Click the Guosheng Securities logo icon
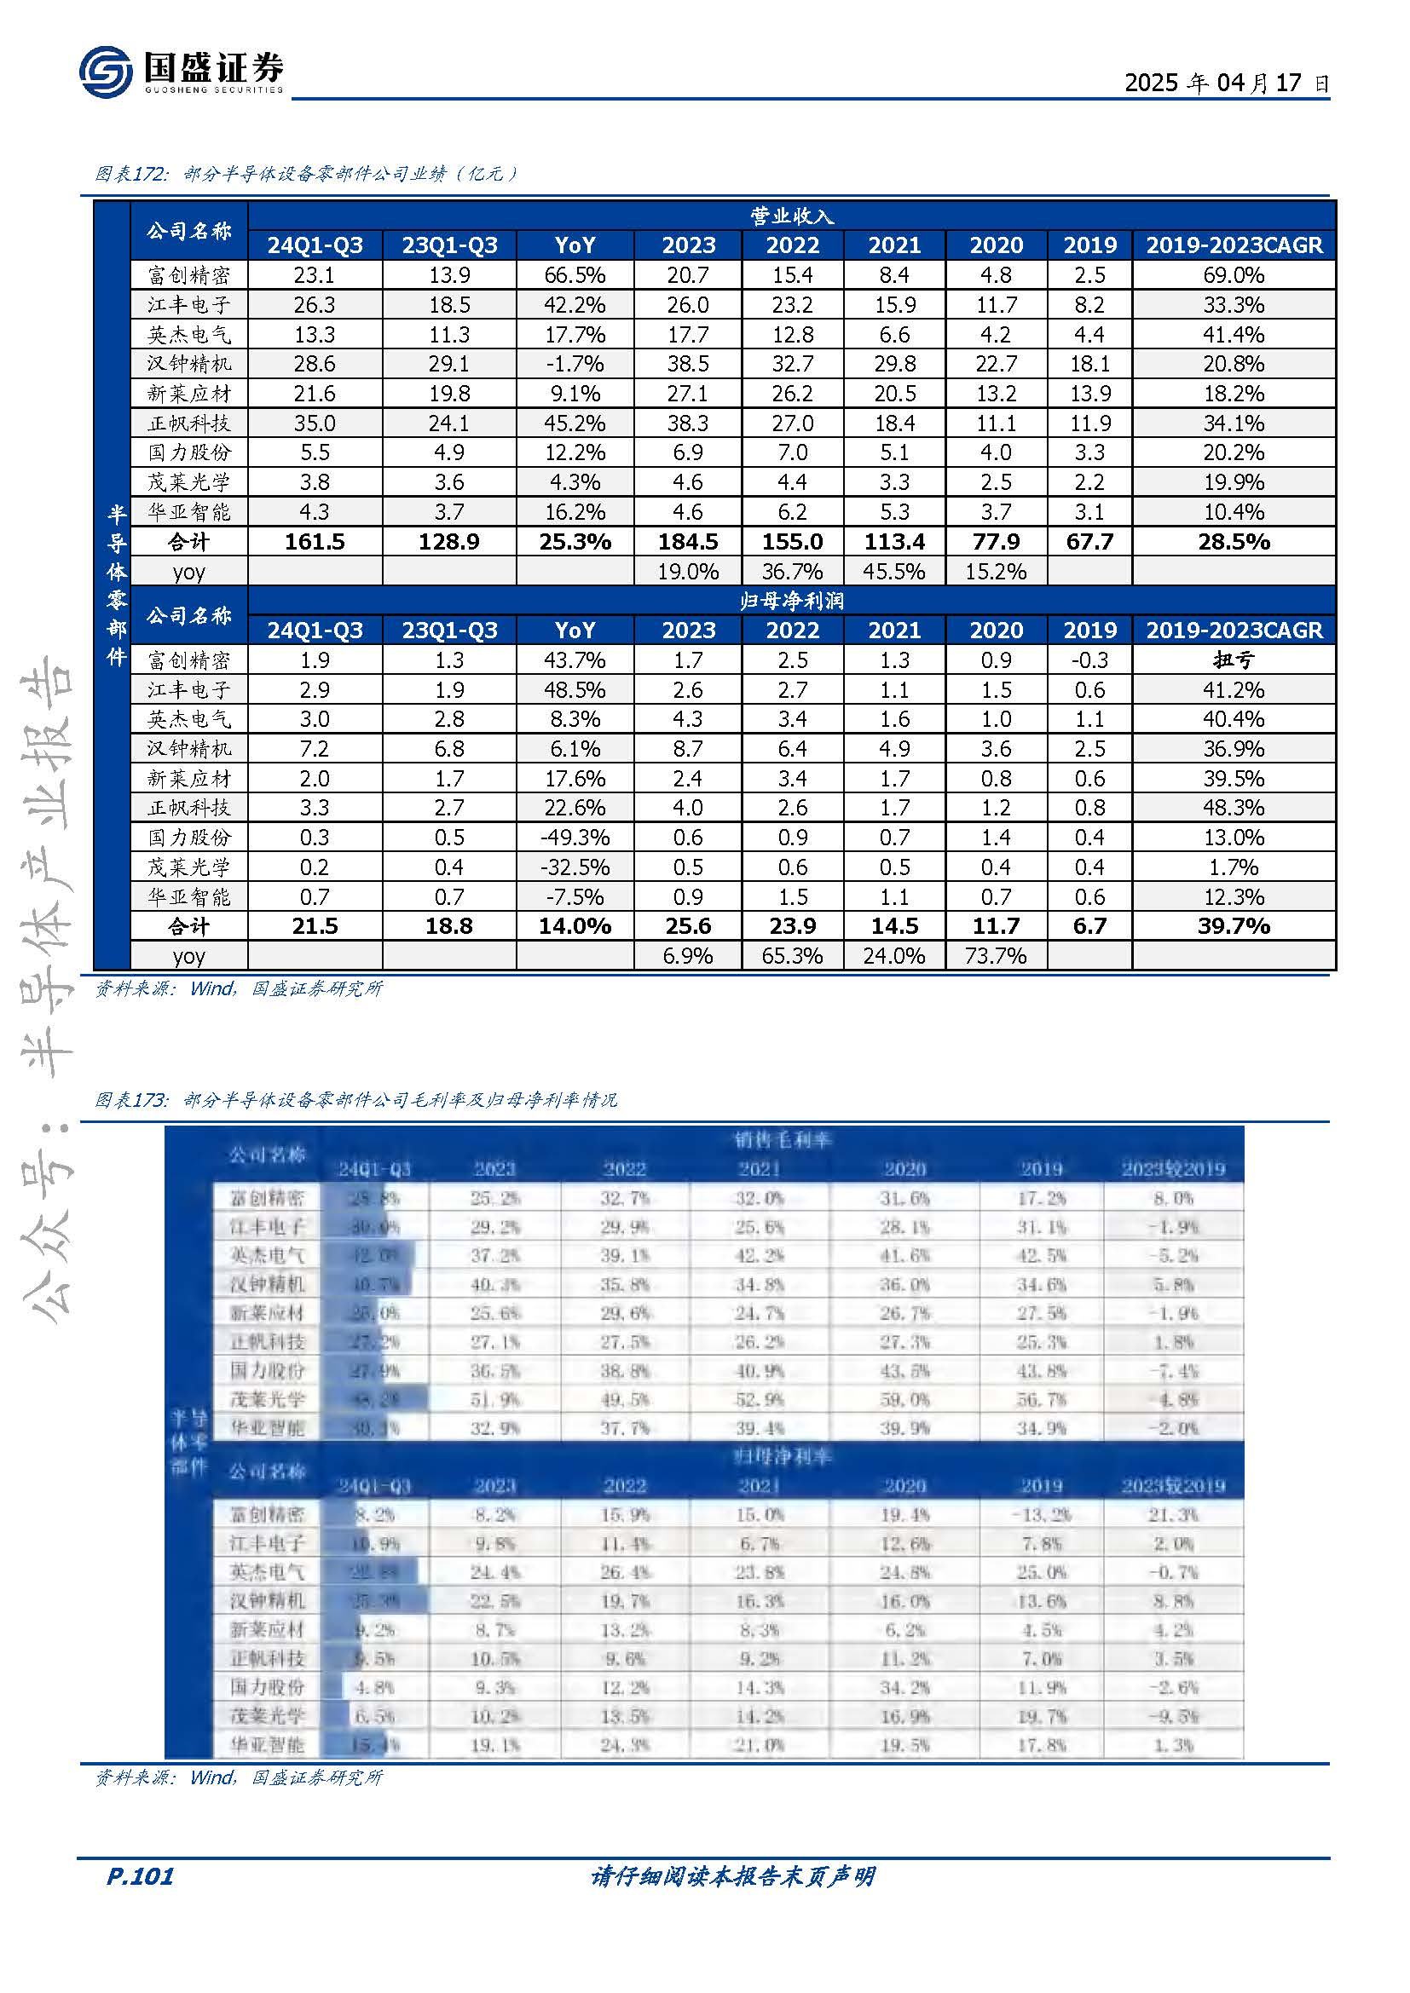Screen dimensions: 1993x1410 coord(105,72)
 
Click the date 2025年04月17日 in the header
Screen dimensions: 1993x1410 coord(1226,83)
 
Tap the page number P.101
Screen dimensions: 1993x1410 coord(140,1876)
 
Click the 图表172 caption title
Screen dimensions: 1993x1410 coord(307,174)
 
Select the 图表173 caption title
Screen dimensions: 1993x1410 coord(356,1100)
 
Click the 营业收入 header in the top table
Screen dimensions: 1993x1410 coord(791,216)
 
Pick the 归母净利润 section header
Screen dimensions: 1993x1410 coord(791,601)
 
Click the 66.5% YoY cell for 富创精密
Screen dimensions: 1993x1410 coord(575,275)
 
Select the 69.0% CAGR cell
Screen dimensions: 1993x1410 coord(1233,275)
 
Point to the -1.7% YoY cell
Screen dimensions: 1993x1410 coord(575,364)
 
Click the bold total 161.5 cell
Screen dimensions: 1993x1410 coord(315,542)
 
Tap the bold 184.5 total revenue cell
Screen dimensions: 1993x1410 coord(688,542)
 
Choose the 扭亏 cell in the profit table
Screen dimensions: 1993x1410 coord(1233,660)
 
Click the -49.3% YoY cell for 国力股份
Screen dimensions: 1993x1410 coord(575,837)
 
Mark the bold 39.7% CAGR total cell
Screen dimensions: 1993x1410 coord(1233,926)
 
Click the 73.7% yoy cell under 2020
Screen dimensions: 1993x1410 coord(996,956)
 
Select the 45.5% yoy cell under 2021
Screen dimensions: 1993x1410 coord(894,571)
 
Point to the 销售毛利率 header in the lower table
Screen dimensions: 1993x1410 coord(782,1140)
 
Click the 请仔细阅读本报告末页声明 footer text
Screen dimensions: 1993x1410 coord(732,1876)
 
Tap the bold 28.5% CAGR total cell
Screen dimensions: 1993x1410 coord(1233,542)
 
